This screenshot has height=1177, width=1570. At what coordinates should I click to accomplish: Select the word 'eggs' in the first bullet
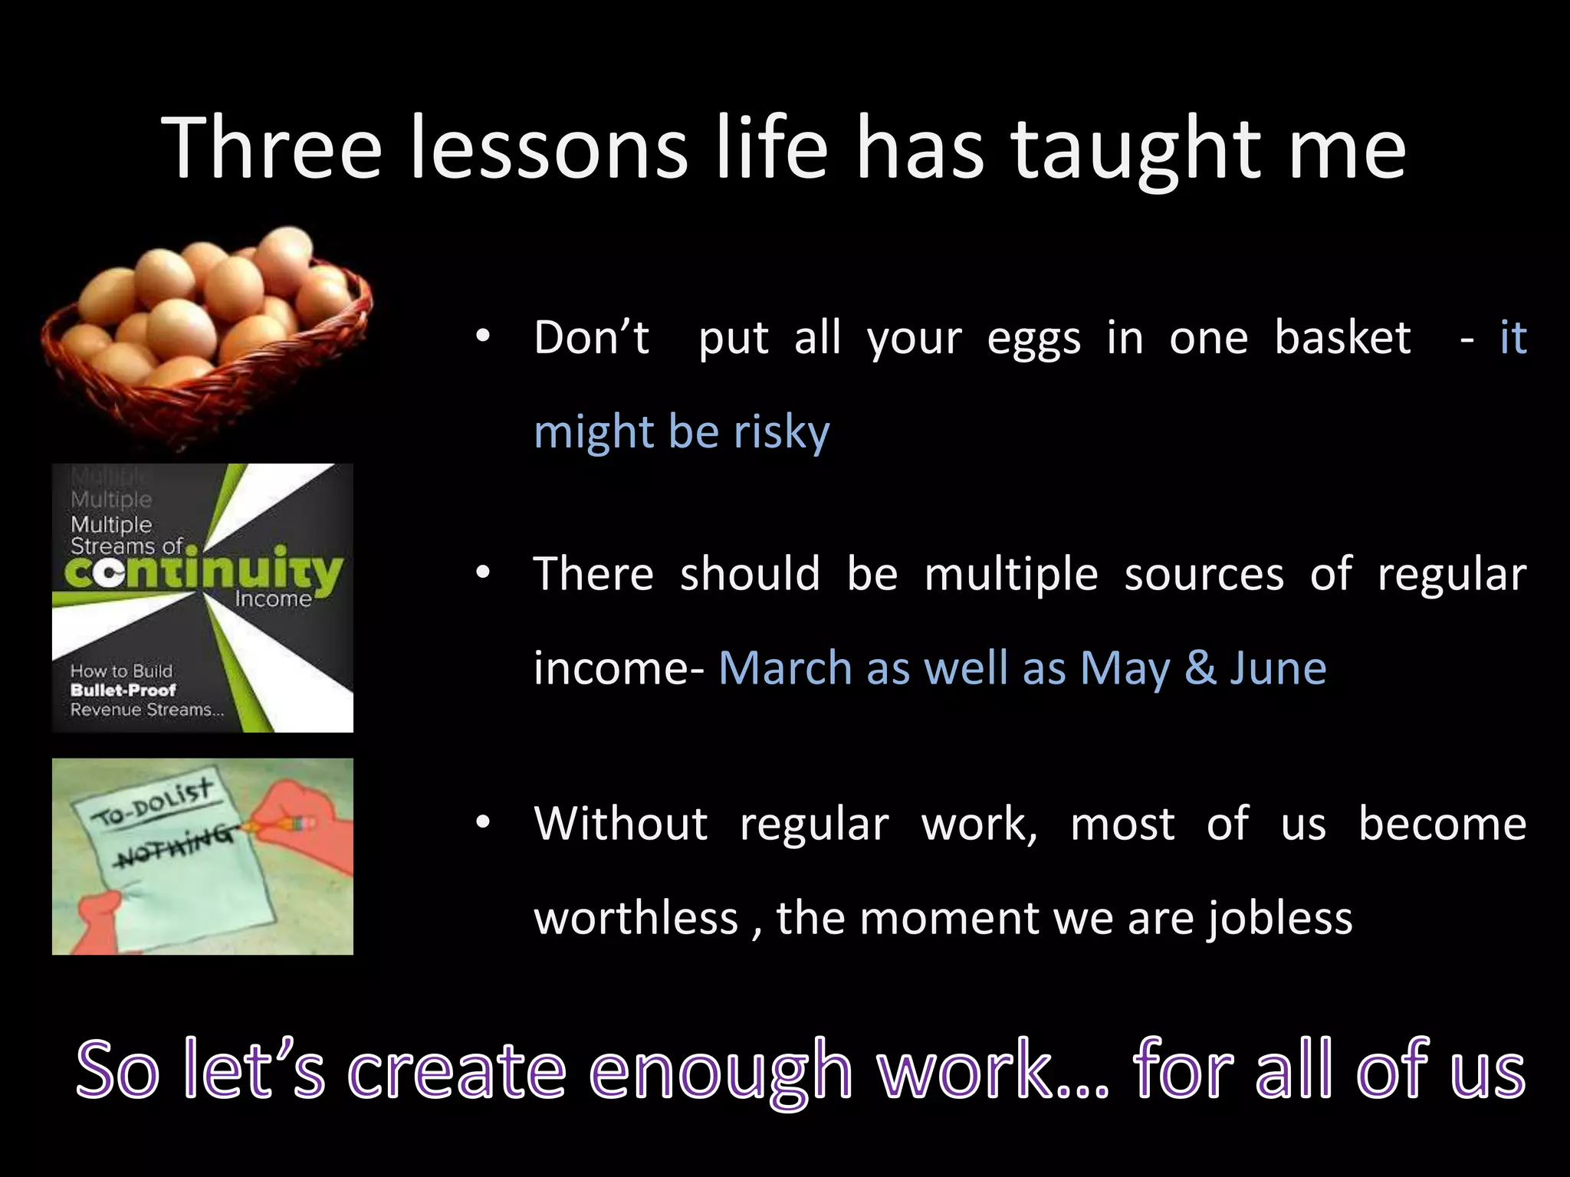pyautogui.click(x=1033, y=339)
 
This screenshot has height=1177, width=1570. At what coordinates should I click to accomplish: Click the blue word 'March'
pyautogui.click(x=785, y=668)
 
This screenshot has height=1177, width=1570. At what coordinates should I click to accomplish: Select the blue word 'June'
pyautogui.click(x=1279, y=668)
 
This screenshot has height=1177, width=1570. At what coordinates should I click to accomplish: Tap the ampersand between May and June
pyautogui.click(x=1200, y=668)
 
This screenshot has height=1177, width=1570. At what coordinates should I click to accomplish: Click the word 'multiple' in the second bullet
pyautogui.click(x=1011, y=575)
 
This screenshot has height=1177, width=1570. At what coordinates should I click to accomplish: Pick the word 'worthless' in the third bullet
pyautogui.click(x=636, y=918)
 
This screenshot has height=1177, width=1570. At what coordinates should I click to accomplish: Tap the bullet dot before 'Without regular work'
pyautogui.click(x=482, y=824)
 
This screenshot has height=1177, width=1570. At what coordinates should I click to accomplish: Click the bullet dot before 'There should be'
pyautogui.click(x=482, y=574)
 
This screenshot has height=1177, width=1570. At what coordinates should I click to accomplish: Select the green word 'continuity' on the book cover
pyautogui.click(x=203, y=572)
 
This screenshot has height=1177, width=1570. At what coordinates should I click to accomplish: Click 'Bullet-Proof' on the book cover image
pyautogui.click(x=123, y=690)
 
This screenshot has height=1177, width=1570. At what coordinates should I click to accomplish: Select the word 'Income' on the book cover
pyautogui.click(x=273, y=599)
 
